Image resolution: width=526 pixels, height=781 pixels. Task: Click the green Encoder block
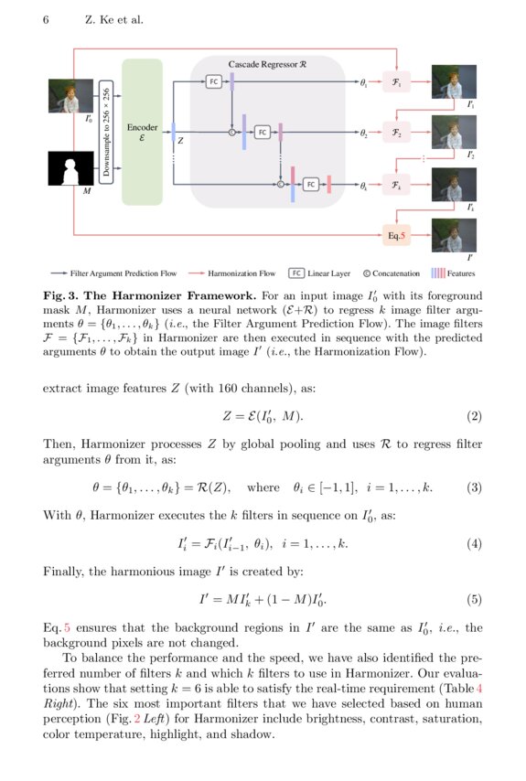(x=142, y=132)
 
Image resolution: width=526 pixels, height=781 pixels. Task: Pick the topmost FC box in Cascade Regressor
(x=214, y=81)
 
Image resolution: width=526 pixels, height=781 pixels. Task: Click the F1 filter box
(x=396, y=82)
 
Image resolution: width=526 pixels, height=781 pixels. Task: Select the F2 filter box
(x=396, y=133)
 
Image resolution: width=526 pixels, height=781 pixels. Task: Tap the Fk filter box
(x=396, y=185)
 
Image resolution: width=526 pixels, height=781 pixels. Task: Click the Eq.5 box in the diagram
(x=396, y=235)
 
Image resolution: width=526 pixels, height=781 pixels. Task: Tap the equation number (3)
(x=474, y=487)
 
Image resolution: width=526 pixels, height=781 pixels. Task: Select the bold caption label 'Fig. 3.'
(x=62, y=296)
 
